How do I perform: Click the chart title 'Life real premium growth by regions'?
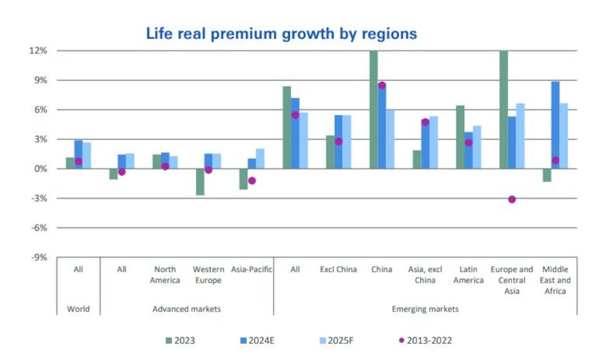tap(282, 34)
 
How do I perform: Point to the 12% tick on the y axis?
tap(38, 51)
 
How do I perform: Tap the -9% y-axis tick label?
tap(38, 257)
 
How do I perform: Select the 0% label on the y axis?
tap(40, 169)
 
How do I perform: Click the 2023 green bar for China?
tap(373, 109)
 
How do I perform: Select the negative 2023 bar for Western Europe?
tap(199, 182)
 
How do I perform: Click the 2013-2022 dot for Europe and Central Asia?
tap(512, 199)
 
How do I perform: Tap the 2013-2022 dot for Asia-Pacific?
tap(252, 180)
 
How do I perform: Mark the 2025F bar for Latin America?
tap(477, 147)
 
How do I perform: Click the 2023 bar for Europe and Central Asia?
tap(504, 109)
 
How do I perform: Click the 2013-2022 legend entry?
tap(425, 341)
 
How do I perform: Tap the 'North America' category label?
tap(165, 274)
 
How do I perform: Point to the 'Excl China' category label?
tap(338, 269)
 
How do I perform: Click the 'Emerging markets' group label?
tap(425, 309)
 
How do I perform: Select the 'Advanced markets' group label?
tap(187, 309)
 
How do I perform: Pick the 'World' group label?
tap(78, 309)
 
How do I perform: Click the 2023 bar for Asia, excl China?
tap(416, 160)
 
